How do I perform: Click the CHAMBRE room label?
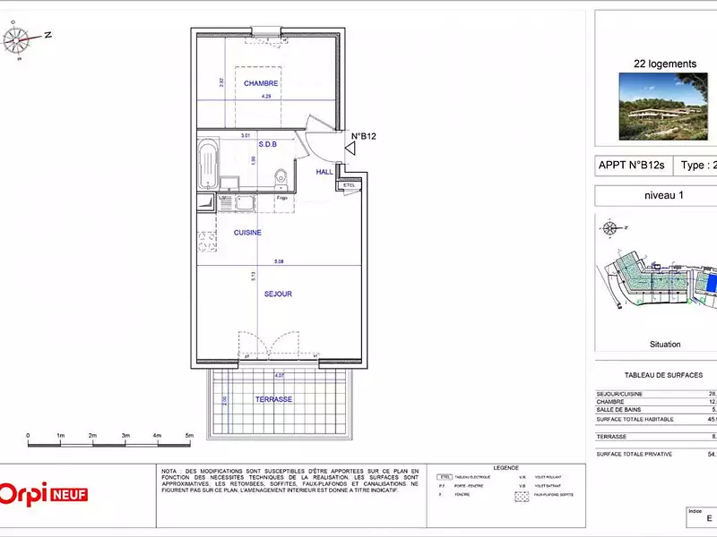coord(261,83)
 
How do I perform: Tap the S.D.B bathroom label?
coord(267,143)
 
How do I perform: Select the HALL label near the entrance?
coord(324,171)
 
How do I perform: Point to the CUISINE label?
coord(247,233)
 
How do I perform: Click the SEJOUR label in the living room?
coord(278,294)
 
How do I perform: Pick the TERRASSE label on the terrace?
coord(274,399)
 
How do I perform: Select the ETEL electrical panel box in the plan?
coord(349,185)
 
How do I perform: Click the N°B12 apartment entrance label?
coord(363,136)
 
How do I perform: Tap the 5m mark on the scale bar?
coord(189,436)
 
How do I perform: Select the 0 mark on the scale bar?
coord(28,436)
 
